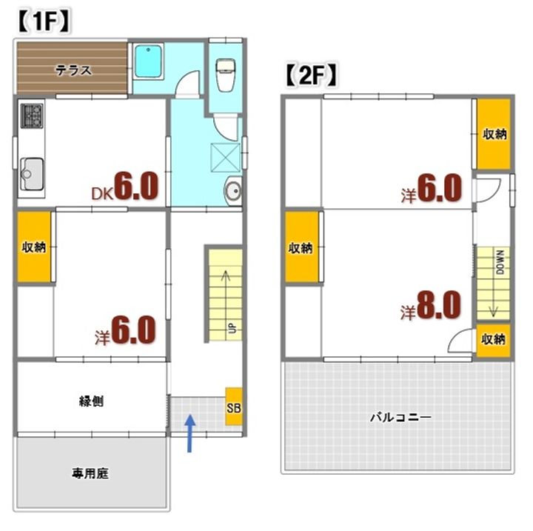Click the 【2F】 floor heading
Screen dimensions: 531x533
pos(312,75)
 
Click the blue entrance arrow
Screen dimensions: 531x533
pos(190,432)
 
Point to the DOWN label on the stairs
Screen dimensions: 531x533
pos(500,261)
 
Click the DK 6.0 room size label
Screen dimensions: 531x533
pos(125,188)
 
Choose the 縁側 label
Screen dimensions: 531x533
pos(91,401)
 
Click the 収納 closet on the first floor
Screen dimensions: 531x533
pos(33,247)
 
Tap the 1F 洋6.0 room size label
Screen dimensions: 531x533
pos(125,330)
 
